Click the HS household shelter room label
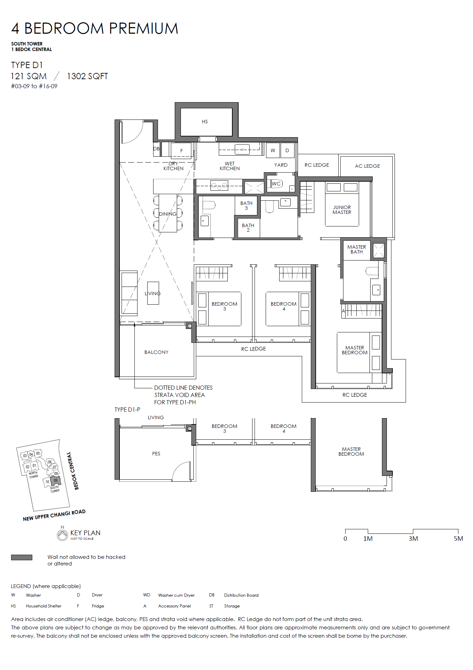pos(205,122)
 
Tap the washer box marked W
pos(273,150)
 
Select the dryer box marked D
pos(287,150)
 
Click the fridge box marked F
pos(181,150)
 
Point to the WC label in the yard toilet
pos(276,184)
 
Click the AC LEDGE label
pos(367,166)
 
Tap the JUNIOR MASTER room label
pos(342,210)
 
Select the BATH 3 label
pos(246,206)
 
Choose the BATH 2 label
pos(248,228)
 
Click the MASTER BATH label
pos(357,249)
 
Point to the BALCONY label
pos(156,352)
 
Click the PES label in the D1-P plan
pos(156,454)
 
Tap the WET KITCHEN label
pos(230,166)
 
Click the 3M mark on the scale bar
pos(413,539)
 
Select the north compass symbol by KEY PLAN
pos(63,535)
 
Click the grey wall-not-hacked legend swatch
pos(22,557)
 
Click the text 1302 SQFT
pos(88,76)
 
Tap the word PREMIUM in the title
pos(144,28)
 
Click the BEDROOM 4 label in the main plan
pos(284,306)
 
